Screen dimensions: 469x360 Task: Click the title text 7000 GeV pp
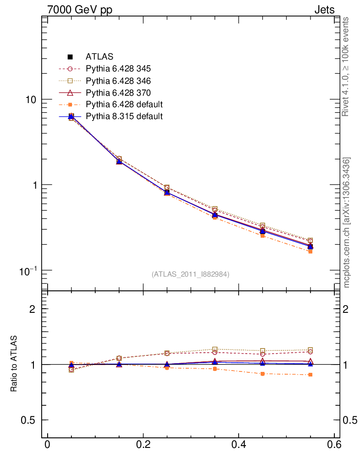pos(80,10)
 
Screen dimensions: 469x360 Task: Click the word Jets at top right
pos(324,10)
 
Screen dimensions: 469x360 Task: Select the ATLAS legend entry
pos(99,57)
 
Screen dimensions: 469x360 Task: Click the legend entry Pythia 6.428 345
pos(118,69)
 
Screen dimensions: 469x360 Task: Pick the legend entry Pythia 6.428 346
pos(118,81)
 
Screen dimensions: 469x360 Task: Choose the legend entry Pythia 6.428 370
pos(118,93)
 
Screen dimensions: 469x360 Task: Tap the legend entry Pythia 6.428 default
pos(124,105)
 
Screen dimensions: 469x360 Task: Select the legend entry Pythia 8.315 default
pos(124,116)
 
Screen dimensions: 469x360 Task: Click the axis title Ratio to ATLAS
pos(14,364)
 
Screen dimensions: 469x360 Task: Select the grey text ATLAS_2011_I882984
pos(191,274)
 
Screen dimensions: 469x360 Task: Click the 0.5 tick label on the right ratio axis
pos(350,420)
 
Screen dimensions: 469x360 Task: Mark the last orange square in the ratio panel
pos(310,375)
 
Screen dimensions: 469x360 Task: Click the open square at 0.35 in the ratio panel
pos(215,349)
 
